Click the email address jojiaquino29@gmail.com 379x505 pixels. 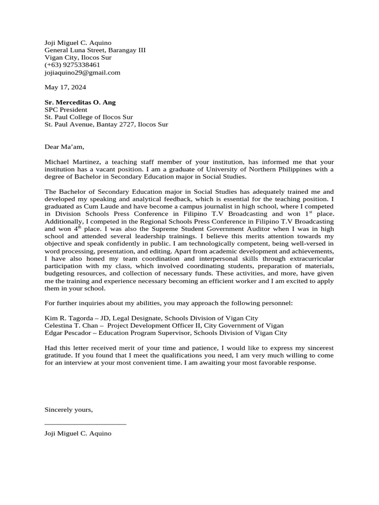(82, 72)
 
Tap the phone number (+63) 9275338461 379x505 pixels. (72, 65)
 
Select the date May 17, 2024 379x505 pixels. (65, 87)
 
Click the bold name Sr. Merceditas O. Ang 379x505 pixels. (80, 102)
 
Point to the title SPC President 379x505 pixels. (66, 109)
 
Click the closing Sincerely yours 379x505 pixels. (68, 410)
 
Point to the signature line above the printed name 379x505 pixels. (85, 424)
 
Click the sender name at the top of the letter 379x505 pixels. (78, 43)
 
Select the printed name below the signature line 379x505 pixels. (78, 433)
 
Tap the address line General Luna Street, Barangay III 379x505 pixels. (95, 50)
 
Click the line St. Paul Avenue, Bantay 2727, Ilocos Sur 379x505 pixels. (106, 124)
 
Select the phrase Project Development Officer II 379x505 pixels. (151, 325)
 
